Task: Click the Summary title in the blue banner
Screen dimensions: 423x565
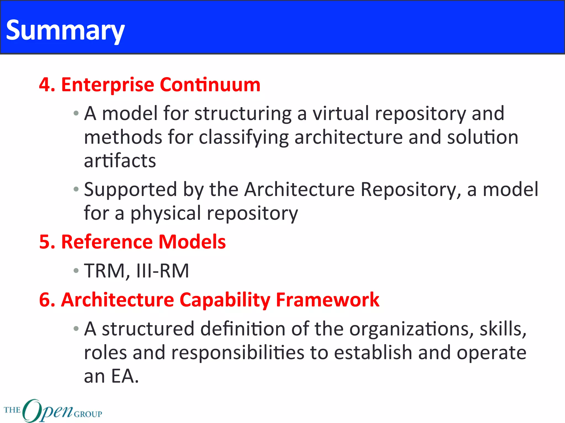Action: (x=65, y=30)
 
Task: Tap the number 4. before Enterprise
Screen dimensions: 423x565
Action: (x=47, y=85)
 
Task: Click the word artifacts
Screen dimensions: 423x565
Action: (x=120, y=161)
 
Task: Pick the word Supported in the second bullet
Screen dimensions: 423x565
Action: (x=130, y=190)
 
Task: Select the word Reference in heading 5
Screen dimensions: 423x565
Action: (x=107, y=242)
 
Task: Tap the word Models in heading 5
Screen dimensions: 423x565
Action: (x=192, y=242)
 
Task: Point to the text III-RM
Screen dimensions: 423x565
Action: (x=163, y=271)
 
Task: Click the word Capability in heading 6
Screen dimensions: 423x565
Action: (x=225, y=300)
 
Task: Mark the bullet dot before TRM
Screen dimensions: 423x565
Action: (x=76, y=271)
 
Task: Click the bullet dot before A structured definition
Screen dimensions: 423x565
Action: (x=76, y=329)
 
